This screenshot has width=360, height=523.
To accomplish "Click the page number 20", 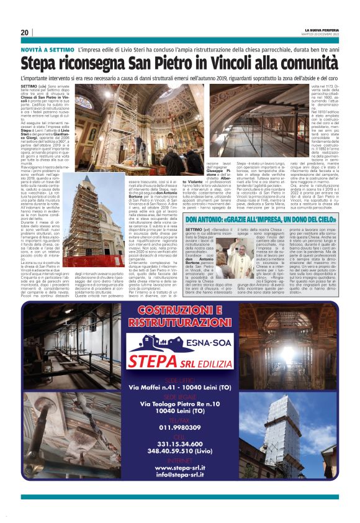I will (x=25, y=32).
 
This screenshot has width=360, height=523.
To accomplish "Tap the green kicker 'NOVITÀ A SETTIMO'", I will (x=47, y=48).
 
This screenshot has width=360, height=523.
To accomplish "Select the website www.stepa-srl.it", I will (x=179, y=484).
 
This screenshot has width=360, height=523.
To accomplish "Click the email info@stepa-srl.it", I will (x=179, y=493).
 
